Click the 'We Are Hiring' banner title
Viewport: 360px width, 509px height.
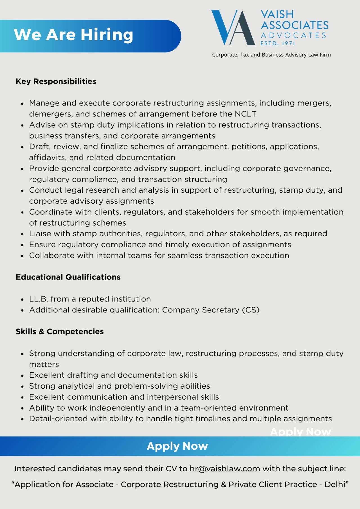73,35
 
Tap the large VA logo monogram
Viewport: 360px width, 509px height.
233,28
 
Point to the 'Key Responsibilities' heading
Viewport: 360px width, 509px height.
56,81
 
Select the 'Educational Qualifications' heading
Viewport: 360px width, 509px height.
68,277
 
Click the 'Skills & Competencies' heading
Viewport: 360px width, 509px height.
60,332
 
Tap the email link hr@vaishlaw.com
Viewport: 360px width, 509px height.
225,469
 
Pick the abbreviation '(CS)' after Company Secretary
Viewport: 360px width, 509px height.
251,310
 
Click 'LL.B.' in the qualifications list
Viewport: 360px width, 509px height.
39,299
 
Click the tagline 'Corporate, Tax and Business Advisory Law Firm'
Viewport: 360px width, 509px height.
271,55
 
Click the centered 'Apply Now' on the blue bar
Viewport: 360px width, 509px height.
177,446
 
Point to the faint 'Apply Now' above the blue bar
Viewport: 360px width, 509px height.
300,432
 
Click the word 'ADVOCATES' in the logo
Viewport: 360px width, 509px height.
293,35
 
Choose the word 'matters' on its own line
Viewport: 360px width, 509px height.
44,364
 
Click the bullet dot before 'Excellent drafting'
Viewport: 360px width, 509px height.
22,376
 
